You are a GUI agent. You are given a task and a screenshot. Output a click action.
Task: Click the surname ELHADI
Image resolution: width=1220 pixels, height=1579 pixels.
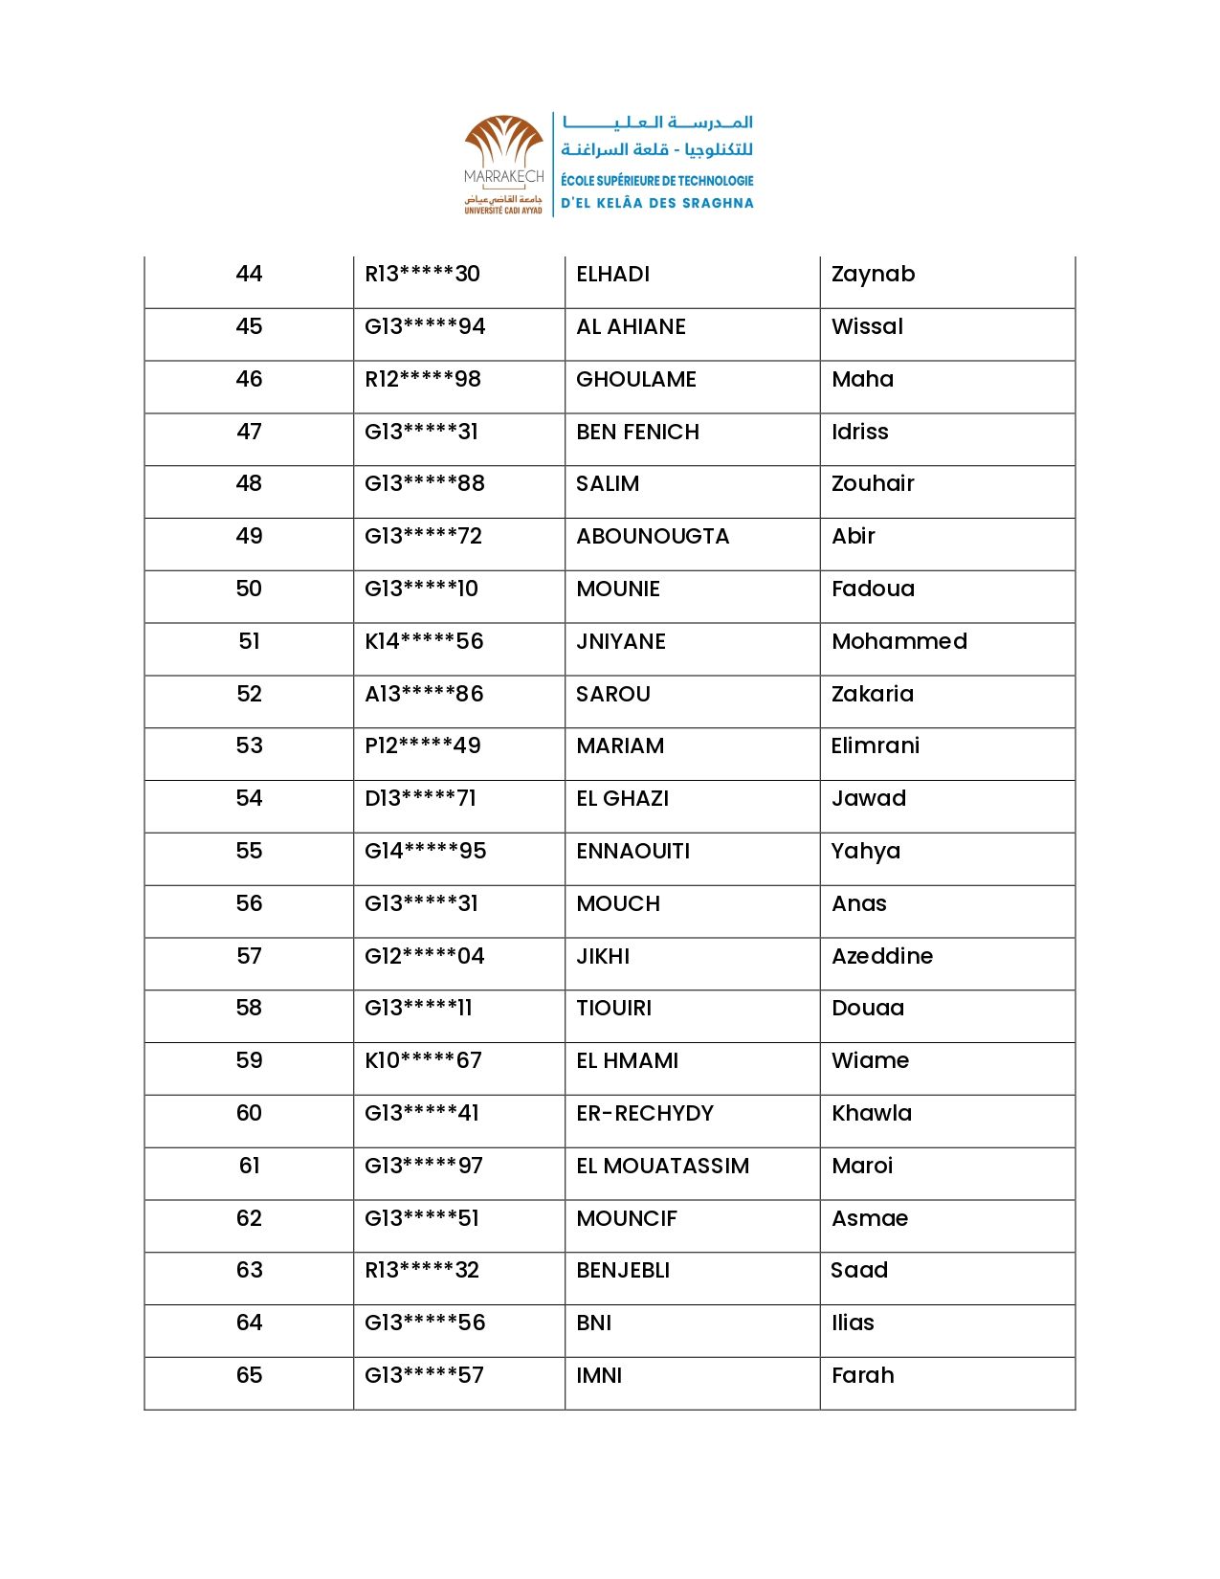[x=612, y=275]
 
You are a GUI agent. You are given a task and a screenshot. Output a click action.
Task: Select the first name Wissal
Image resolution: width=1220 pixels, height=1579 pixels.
[x=867, y=327]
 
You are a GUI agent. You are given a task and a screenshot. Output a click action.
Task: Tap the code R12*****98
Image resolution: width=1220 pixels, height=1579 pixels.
[x=423, y=379]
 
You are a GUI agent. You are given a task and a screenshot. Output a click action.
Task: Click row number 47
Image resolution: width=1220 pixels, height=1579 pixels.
[x=249, y=432]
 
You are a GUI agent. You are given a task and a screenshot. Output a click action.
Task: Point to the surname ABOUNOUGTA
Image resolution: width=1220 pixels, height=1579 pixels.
[x=653, y=537]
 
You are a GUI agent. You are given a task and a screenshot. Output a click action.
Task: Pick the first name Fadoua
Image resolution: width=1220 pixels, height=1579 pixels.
[x=873, y=589]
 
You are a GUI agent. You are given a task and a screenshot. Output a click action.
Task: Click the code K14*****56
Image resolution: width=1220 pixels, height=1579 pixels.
[x=424, y=641]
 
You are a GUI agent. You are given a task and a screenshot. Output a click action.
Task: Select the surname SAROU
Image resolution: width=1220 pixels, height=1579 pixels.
[x=612, y=694]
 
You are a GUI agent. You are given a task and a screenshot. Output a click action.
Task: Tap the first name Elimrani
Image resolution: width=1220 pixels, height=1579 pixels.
[x=875, y=746]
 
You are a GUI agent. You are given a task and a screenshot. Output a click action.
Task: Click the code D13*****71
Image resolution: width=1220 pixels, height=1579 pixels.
[x=420, y=798]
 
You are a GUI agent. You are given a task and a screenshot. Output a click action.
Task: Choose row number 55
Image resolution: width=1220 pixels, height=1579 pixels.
[x=249, y=851]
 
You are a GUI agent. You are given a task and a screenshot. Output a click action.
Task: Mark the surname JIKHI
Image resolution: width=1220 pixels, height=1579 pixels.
[x=603, y=956]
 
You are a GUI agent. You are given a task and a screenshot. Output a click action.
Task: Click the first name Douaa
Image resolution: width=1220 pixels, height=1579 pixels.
[x=868, y=1009]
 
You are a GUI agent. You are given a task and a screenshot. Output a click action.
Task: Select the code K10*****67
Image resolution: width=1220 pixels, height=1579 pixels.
[x=423, y=1060]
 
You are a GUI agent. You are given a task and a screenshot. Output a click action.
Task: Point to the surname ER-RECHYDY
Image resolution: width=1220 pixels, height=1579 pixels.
[x=645, y=1113]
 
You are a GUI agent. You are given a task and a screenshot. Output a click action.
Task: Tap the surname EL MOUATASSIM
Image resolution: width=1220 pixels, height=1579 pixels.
[x=662, y=1166]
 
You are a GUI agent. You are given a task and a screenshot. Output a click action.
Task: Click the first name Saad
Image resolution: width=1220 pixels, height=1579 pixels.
[x=859, y=1271]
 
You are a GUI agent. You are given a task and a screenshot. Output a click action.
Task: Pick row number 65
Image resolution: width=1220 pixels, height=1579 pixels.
[x=249, y=1375]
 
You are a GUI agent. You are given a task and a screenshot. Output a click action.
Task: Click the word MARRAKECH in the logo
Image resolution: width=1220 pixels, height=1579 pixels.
[x=503, y=177]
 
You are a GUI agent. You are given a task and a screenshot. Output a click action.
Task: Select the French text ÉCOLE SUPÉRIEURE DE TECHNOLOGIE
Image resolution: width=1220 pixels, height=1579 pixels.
[x=657, y=181]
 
